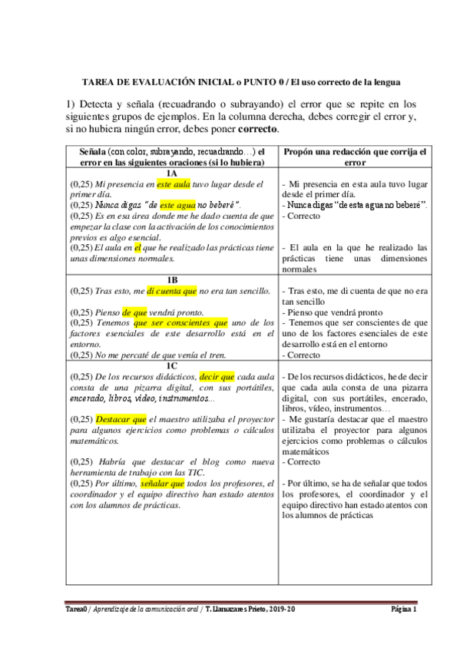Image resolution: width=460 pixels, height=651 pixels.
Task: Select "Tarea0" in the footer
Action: pyautogui.click(x=78, y=610)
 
